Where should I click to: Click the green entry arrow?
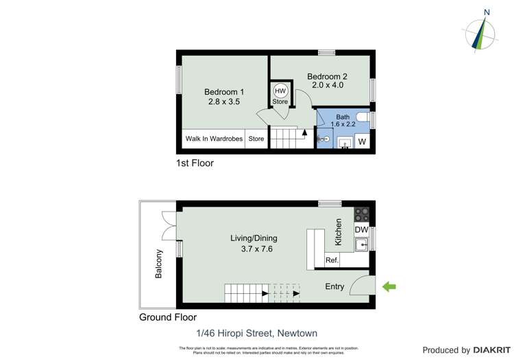pos(389,286)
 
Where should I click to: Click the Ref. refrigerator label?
pos(332,260)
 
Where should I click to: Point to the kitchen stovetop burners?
pos(361,213)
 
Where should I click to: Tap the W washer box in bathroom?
pos(362,142)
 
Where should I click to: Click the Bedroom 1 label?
pos(224,92)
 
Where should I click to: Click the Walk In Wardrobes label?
pos(214,139)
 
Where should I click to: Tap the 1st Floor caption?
pos(195,163)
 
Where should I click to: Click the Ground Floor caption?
pos(168,317)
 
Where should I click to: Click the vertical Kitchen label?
pos(339,232)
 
